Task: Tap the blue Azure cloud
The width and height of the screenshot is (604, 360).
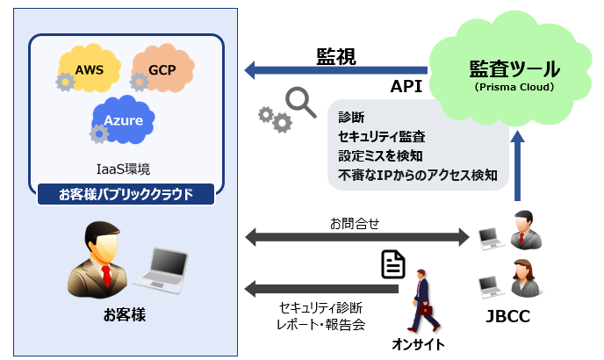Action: tap(123, 119)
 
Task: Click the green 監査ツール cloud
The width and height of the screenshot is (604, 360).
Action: tap(514, 75)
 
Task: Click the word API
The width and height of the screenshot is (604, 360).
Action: tap(406, 88)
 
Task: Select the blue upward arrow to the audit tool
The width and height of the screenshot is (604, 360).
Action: tap(519, 167)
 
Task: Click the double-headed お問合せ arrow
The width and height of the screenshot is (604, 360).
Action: tap(356, 236)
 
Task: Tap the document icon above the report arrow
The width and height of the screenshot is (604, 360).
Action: tap(393, 264)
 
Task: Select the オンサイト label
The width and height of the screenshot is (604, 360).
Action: tap(418, 343)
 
